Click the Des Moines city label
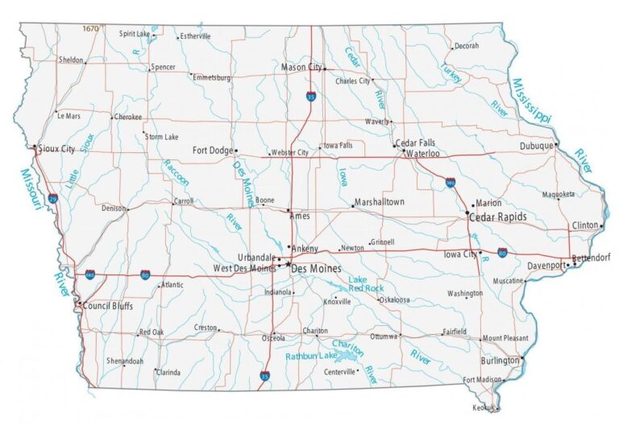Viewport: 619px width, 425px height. click(x=316, y=268)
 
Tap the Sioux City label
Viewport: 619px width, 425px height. click(x=57, y=149)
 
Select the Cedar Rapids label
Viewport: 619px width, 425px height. click(x=498, y=217)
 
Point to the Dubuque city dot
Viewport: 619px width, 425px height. click(x=555, y=145)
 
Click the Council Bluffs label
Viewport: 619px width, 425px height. click(x=108, y=306)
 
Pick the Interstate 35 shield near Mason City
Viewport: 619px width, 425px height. click(x=311, y=97)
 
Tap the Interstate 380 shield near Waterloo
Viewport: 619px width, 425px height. click(x=451, y=184)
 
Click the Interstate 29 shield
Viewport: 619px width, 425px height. click(x=53, y=197)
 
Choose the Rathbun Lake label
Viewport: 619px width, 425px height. click(x=312, y=355)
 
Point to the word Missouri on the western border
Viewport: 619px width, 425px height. click(x=31, y=189)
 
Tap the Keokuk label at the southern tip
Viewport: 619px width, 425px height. click(x=485, y=408)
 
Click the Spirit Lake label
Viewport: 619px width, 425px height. click(x=135, y=34)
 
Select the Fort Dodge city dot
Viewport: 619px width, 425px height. click(x=236, y=150)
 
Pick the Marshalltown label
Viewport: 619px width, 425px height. click(x=379, y=202)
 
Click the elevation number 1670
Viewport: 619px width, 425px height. click(x=90, y=29)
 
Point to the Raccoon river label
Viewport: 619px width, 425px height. click(x=177, y=172)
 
